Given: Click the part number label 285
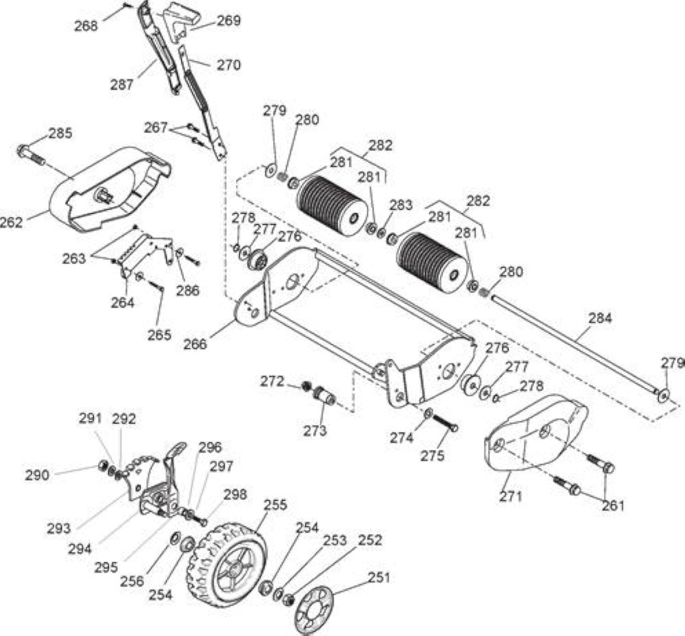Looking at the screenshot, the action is click(60, 133).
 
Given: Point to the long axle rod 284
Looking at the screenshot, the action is click(575, 344).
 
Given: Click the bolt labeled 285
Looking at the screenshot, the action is click(31, 155).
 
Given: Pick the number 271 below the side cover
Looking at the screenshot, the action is click(510, 496).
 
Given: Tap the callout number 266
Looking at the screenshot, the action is click(195, 344).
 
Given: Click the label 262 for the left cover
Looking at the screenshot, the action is click(12, 222).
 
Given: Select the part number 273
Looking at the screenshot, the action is click(315, 431).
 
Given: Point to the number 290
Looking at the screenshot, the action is click(37, 475).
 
